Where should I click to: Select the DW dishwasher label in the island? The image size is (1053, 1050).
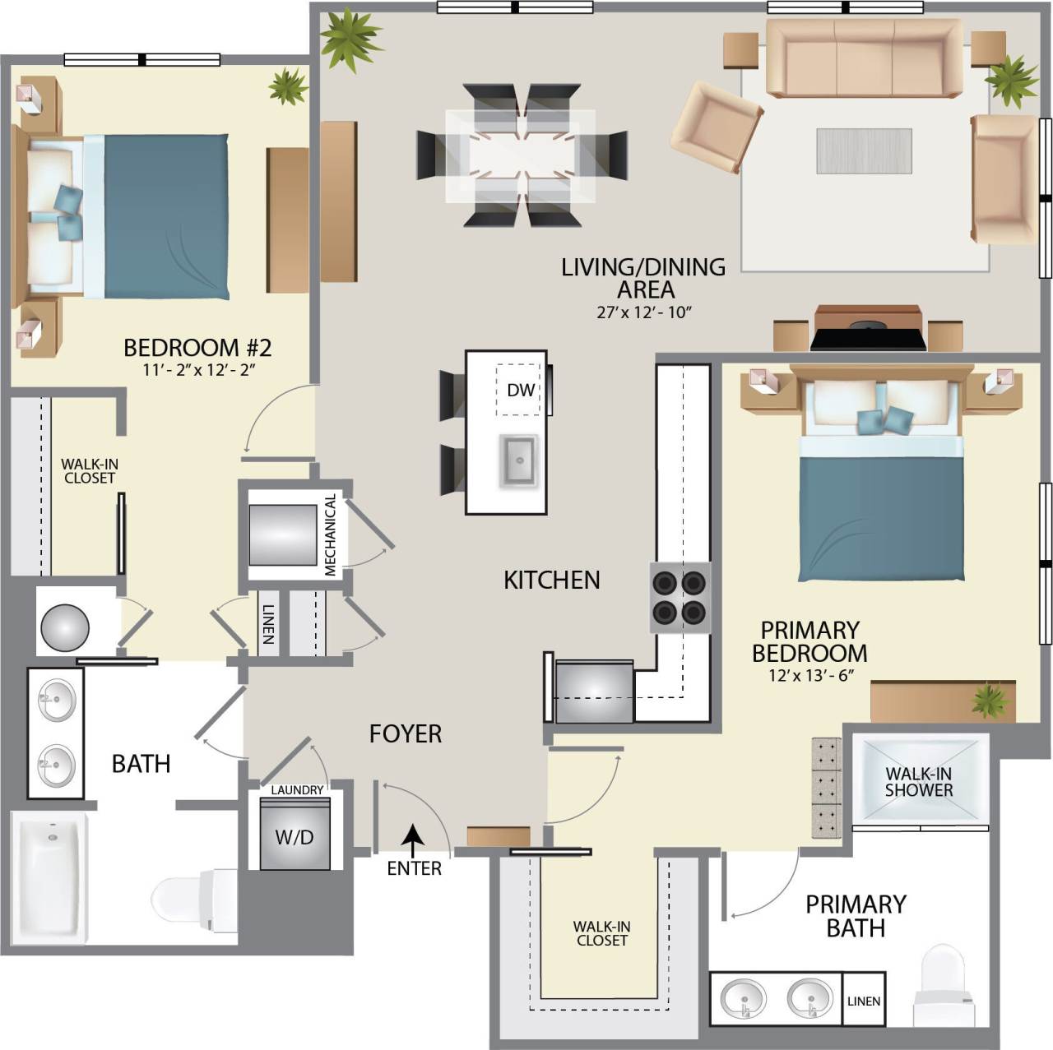[x=520, y=390]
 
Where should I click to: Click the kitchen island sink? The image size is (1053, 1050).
[x=519, y=460]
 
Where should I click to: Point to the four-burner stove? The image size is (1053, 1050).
[x=680, y=598]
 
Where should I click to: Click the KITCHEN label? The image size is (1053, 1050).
[x=551, y=581]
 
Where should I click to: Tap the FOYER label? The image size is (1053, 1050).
[x=405, y=733]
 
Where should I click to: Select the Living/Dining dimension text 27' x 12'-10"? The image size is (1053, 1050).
[x=642, y=312]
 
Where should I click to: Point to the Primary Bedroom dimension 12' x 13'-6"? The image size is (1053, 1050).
[x=809, y=676]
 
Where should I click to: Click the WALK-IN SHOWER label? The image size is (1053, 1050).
[x=918, y=782]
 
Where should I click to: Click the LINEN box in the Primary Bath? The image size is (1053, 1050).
[x=864, y=1001]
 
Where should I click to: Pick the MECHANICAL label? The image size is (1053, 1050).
[x=330, y=534]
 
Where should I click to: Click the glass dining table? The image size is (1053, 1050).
[x=520, y=155]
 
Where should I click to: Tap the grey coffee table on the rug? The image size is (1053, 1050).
[x=864, y=150]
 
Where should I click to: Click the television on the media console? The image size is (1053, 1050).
[x=868, y=336]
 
